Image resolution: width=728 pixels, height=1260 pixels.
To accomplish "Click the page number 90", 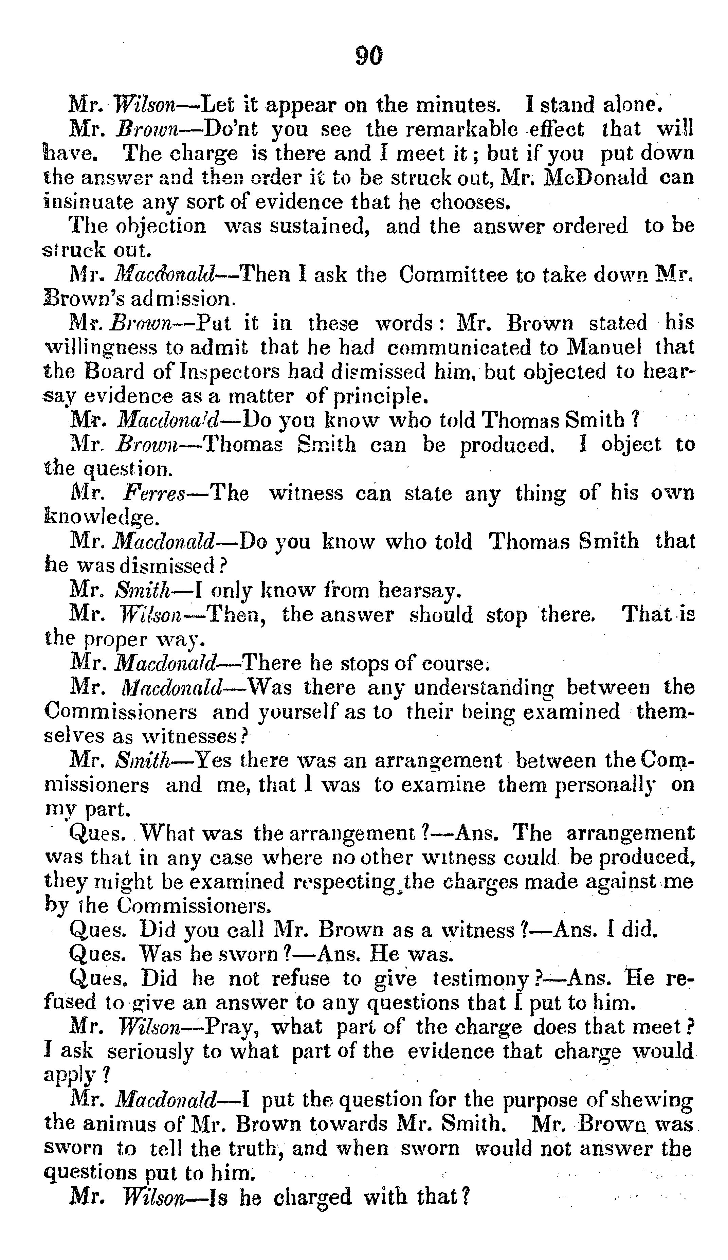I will [x=369, y=55].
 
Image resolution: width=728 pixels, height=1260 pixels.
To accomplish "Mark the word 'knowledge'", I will [x=99, y=518].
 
